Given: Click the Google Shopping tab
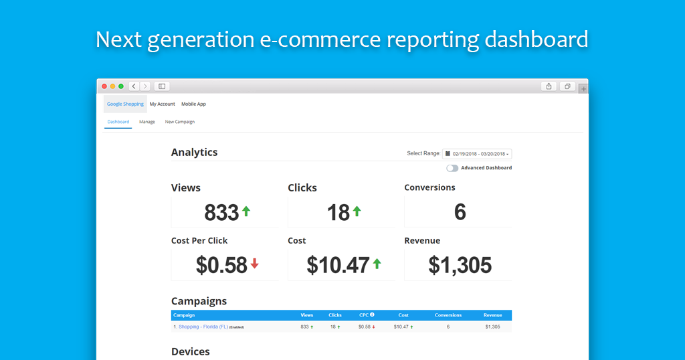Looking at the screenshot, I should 125,104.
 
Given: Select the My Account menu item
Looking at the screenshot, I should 162,104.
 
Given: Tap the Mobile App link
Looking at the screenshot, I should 193,104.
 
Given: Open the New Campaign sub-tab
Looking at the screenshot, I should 179,122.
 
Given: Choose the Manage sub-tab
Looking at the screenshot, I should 147,122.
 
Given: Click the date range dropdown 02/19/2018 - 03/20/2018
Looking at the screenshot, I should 477,154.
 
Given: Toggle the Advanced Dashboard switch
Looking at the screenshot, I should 453,168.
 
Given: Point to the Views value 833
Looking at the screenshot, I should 221,213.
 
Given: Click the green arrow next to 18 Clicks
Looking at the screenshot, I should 357,211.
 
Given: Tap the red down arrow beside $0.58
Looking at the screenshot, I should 254,264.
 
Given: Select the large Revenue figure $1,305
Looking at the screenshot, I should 460,266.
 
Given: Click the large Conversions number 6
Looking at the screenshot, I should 460,213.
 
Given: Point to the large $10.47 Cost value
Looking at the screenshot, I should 338,266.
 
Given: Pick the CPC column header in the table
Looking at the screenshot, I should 364,315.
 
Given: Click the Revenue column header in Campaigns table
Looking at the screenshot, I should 492,315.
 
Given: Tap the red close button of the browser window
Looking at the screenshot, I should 104,86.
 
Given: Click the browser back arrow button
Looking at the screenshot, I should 134,86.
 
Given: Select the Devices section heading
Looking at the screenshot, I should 191,351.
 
